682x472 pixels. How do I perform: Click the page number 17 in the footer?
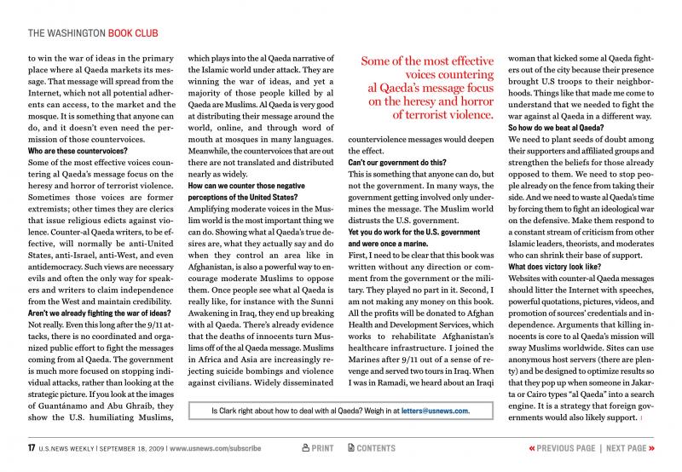(x=32, y=447)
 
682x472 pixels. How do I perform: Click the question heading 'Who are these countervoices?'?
(x=78, y=150)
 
